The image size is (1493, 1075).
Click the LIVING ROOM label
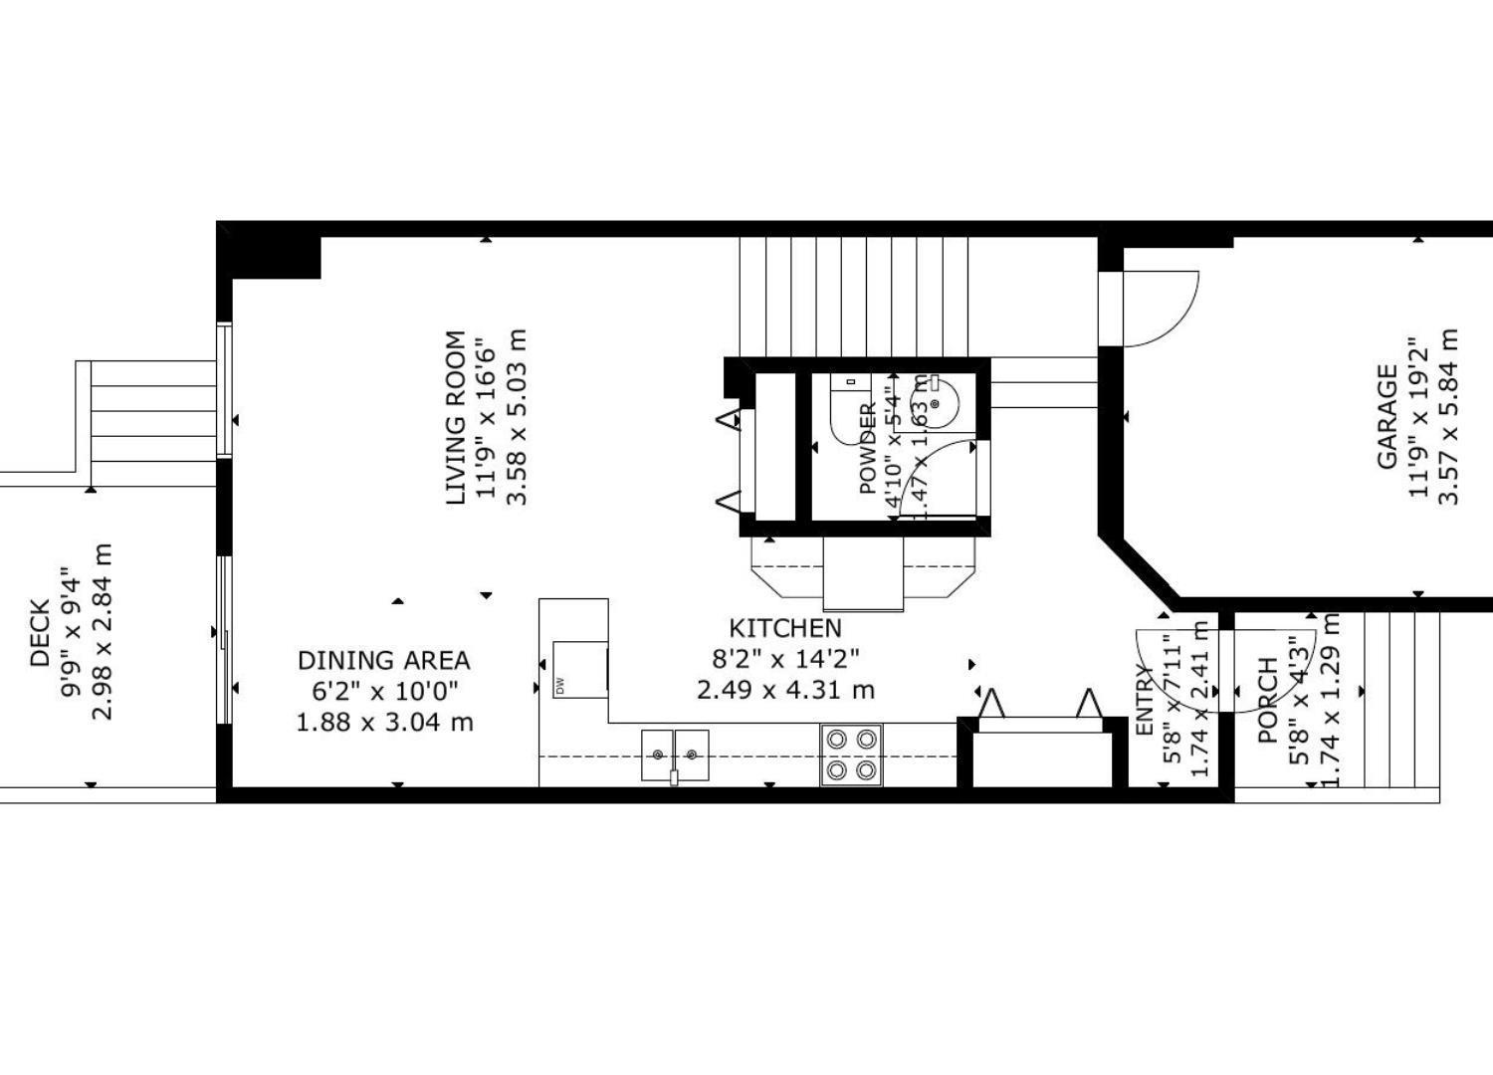click(x=455, y=418)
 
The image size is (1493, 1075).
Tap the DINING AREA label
click(x=383, y=660)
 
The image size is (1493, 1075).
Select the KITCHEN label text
click(x=785, y=628)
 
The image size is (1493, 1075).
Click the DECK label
click(x=40, y=633)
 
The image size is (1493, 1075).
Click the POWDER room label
click(x=867, y=449)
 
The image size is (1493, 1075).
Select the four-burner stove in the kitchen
click(x=851, y=754)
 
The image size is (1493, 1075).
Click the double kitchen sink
click(x=675, y=754)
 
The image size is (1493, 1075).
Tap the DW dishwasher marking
click(x=560, y=686)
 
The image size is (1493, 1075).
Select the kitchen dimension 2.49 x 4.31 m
click(x=785, y=689)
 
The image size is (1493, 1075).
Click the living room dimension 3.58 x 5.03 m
click(x=517, y=418)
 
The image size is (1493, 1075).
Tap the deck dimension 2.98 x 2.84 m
click(x=102, y=633)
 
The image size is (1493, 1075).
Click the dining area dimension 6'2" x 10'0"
click(x=383, y=691)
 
